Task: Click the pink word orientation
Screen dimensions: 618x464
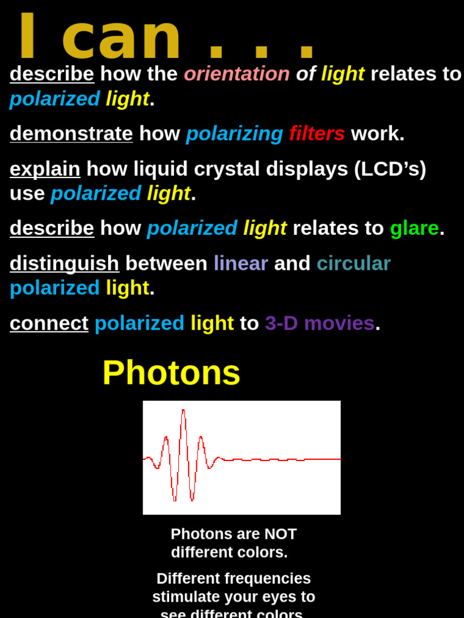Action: click(x=237, y=74)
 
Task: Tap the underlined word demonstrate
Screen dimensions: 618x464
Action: click(x=71, y=133)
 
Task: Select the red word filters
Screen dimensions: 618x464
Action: click(x=317, y=133)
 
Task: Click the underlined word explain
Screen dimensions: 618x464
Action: click(x=45, y=169)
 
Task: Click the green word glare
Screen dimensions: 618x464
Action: click(x=414, y=228)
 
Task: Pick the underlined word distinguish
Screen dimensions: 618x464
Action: click(x=65, y=263)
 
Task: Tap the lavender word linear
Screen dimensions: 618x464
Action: click(x=240, y=263)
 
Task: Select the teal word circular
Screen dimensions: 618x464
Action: click(x=353, y=263)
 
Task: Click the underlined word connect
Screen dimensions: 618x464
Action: click(x=49, y=323)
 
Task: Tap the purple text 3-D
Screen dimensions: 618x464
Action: click(x=282, y=323)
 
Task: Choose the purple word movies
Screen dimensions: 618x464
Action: click(x=339, y=323)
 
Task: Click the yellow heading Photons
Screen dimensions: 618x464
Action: click(x=172, y=372)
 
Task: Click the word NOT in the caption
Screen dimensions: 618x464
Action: click(x=280, y=534)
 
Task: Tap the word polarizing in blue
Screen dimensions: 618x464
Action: click(x=234, y=133)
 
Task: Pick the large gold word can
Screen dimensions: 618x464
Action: click(x=121, y=37)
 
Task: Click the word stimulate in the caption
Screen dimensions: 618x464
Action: click(x=188, y=597)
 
